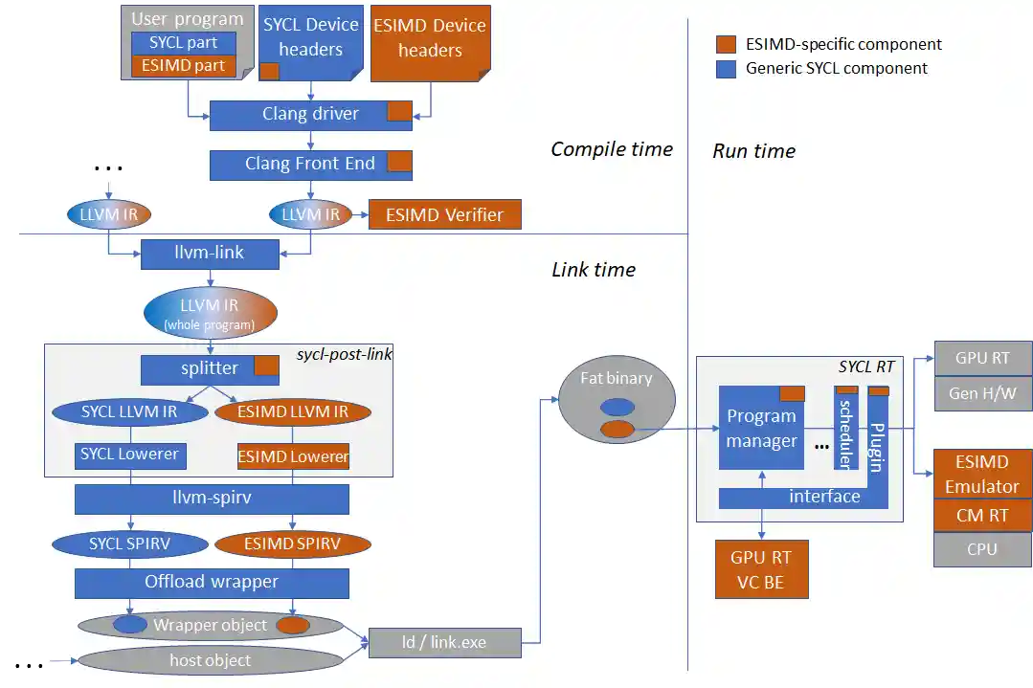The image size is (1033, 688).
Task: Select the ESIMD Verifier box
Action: click(445, 214)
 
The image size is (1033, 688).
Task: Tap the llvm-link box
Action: click(210, 254)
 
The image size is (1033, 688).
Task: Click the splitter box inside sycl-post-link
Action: click(210, 369)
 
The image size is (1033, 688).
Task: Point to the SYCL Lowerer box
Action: click(130, 455)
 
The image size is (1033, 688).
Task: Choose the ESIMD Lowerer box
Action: click(293, 456)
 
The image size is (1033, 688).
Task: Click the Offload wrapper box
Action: click(212, 582)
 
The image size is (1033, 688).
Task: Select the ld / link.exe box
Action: click(445, 642)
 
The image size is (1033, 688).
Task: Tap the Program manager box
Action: click(761, 428)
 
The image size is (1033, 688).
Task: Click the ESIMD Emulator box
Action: click(982, 475)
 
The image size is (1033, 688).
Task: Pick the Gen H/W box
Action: click(982, 393)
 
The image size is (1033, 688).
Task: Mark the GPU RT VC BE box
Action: click(762, 569)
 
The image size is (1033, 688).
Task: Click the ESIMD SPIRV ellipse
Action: click(293, 544)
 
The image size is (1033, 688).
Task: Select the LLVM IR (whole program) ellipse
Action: click(210, 313)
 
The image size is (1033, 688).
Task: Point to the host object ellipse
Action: click(210, 660)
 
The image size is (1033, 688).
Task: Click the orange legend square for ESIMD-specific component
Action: click(726, 44)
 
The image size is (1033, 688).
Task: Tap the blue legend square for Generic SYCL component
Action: click(726, 68)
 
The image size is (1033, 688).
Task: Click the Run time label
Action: click(753, 151)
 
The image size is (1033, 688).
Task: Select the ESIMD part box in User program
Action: click(183, 65)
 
